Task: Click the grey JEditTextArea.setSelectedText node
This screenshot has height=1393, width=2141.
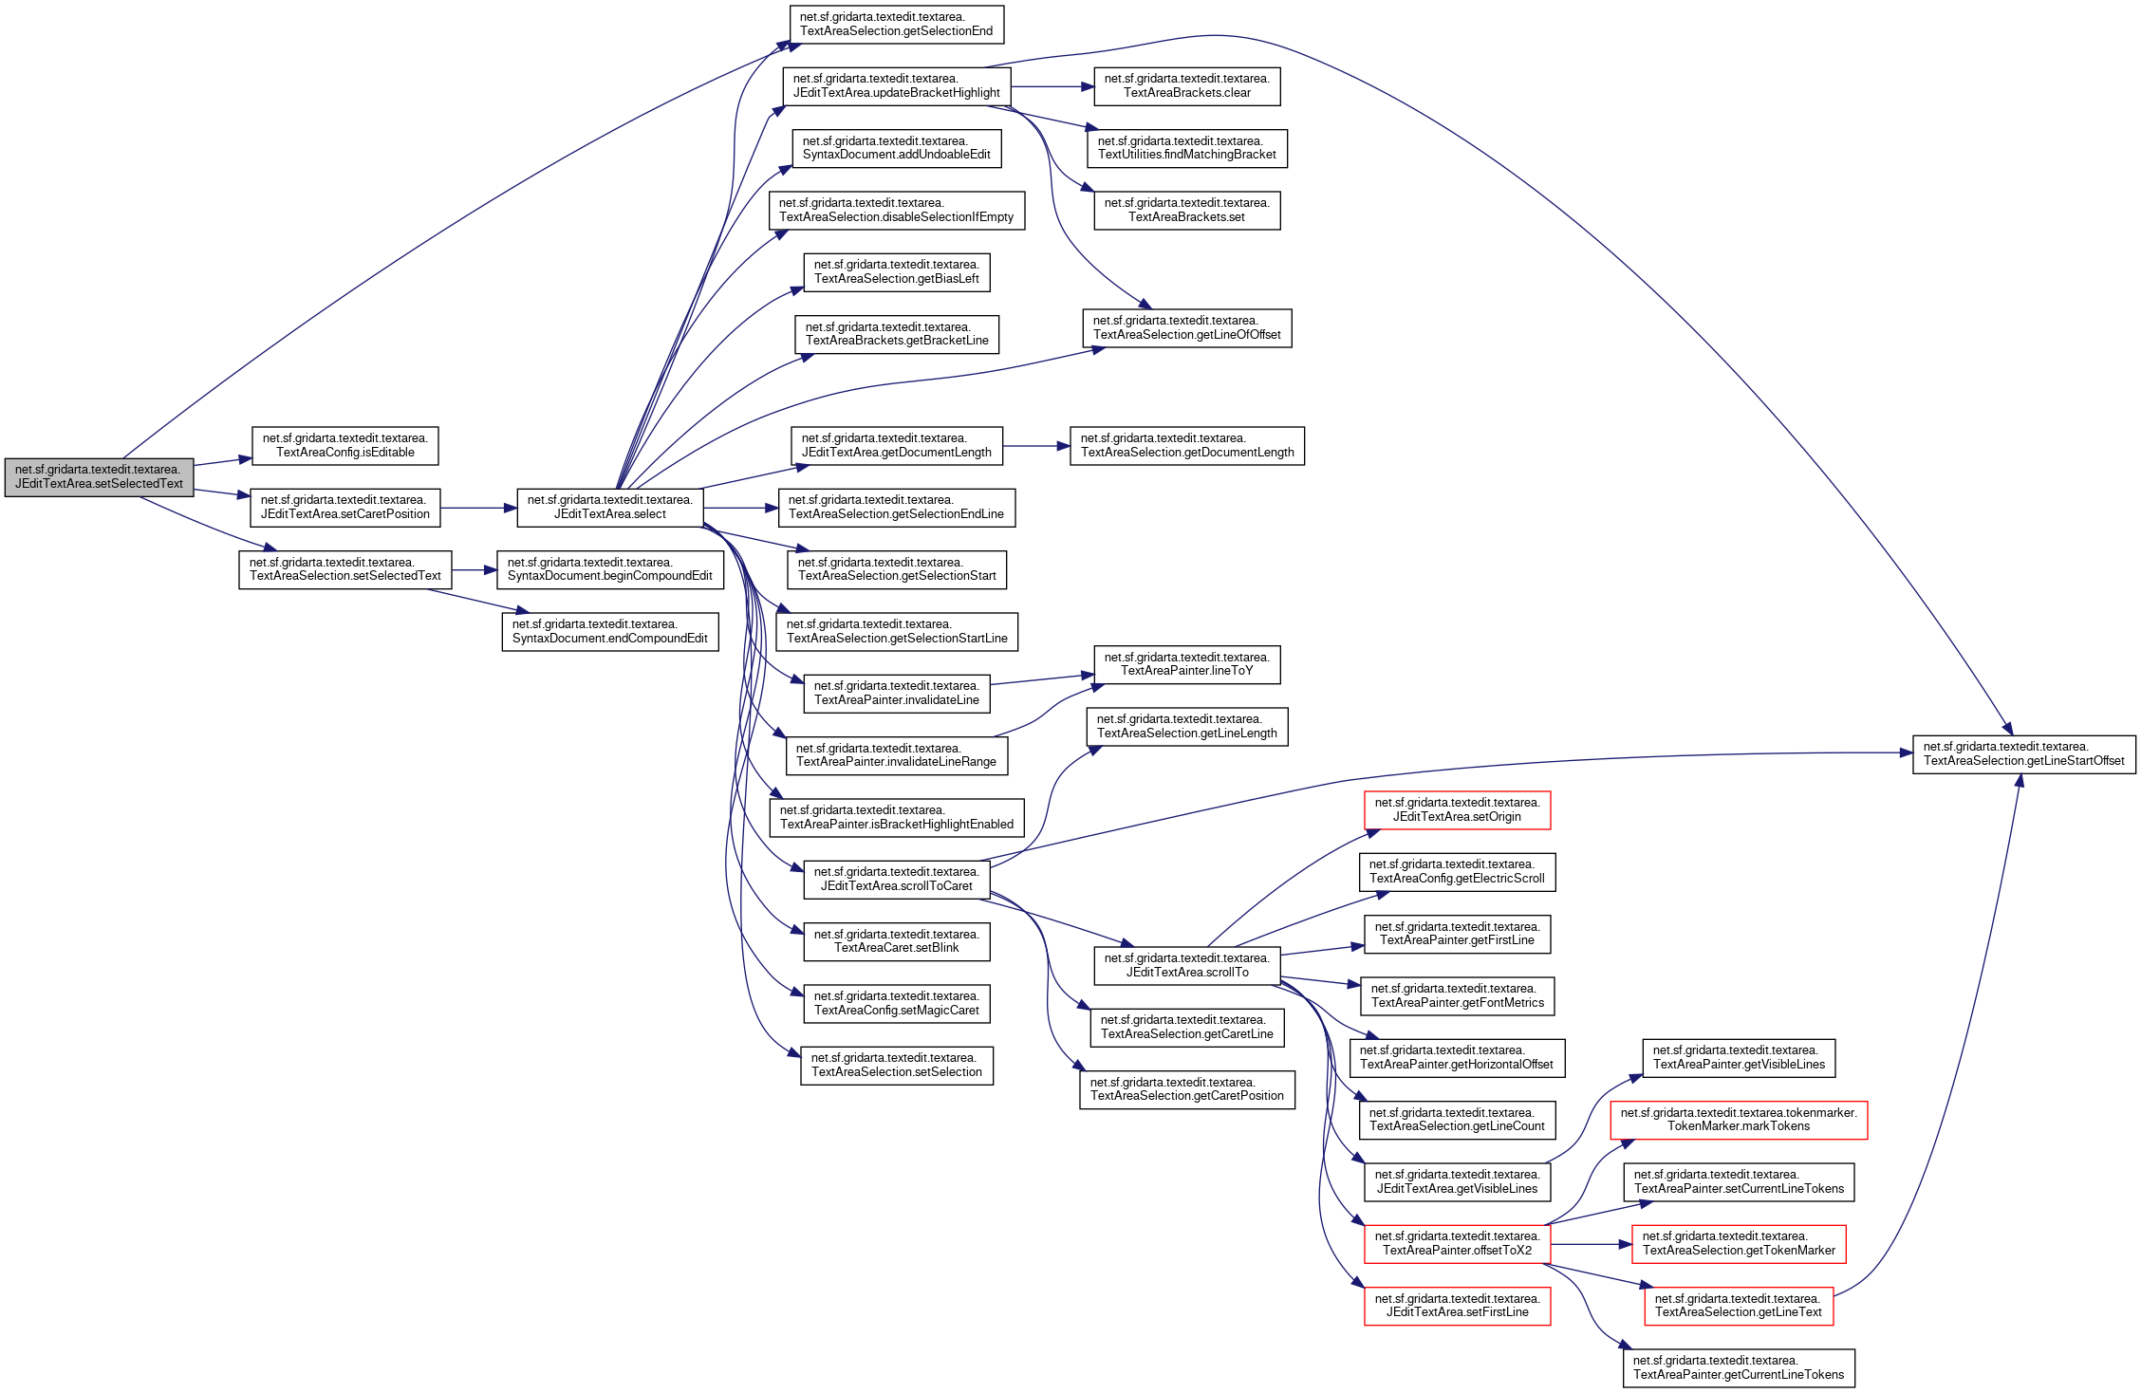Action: click(99, 476)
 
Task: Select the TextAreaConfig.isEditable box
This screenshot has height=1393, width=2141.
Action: click(344, 445)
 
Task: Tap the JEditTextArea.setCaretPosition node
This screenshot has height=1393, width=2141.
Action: click(344, 508)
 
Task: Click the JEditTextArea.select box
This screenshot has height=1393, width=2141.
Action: click(609, 508)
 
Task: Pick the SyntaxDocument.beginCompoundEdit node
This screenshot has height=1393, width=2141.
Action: click(609, 569)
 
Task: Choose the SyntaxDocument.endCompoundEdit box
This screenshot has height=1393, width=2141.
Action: click(609, 632)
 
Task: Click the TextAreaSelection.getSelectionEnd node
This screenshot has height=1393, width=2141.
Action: click(896, 24)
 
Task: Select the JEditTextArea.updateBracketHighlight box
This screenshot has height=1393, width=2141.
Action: click(896, 86)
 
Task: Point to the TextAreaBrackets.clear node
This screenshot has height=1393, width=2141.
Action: click(1186, 86)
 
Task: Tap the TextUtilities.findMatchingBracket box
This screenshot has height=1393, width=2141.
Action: click(1186, 148)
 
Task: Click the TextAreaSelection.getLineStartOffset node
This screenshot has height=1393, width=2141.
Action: click(2023, 754)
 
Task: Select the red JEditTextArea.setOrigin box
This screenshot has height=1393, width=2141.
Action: click(1457, 810)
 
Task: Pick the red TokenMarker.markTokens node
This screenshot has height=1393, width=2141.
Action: click(1738, 1120)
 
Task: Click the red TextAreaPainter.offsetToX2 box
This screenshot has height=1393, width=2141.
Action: click(1457, 1244)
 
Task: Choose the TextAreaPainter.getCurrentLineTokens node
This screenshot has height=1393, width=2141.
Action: click(1738, 1368)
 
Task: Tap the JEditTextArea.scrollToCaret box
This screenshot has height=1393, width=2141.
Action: click(896, 879)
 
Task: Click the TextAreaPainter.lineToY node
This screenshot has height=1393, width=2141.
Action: click(1186, 664)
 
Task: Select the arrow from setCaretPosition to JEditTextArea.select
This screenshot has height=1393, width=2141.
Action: click(478, 508)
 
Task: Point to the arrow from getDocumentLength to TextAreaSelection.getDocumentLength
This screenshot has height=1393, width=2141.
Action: click(1036, 446)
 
